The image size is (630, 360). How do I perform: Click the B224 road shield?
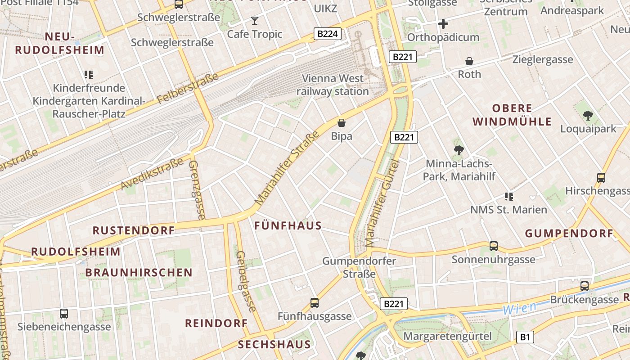click(327, 34)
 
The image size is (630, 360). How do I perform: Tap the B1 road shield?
click(525, 337)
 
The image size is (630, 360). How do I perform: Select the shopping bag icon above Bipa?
click(342, 123)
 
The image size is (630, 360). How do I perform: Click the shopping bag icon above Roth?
click(469, 61)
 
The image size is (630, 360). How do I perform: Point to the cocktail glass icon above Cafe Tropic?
click(255, 20)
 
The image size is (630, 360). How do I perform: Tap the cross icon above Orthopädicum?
click(443, 24)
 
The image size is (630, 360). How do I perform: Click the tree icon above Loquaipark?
click(588, 116)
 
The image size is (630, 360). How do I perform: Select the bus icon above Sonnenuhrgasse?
click(494, 246)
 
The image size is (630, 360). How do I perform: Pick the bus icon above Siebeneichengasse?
click(64, 314)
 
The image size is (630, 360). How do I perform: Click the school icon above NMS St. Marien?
click(509, 196)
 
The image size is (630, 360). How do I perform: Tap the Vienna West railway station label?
click(333, 85)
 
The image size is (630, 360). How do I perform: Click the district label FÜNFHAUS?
click(288, 226)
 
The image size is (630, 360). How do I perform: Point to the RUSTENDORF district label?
click(134, 230)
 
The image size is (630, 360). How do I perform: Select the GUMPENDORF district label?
click(569, 234)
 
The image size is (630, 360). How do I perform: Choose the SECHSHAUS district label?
click(274, 345)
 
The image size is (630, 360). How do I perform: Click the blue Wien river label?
click(519, 308)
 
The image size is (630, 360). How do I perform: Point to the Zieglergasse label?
click(543, 59)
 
